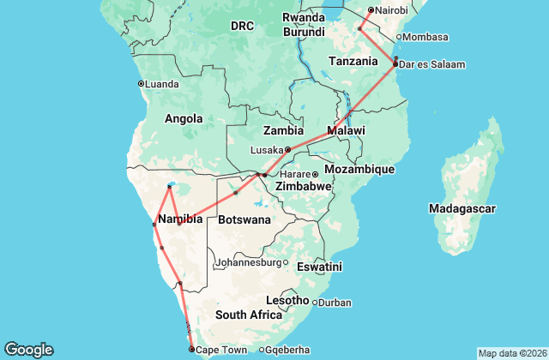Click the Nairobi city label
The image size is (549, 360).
[x=391, y=10]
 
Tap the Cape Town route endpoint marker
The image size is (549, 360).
[x=191, y=350]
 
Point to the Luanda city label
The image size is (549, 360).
[x=163, y=83]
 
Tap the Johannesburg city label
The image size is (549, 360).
[x=248, y=262]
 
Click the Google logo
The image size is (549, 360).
[x=28, y=350]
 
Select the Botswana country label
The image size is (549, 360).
[x=244, y=219]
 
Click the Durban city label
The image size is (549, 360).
[x=335, y=302]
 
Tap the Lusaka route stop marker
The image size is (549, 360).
[x=288, y=149]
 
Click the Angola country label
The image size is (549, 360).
[x=183, y=119]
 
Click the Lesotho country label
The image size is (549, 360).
[x=287, y=300]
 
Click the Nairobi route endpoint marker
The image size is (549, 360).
[x=371, y=10]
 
